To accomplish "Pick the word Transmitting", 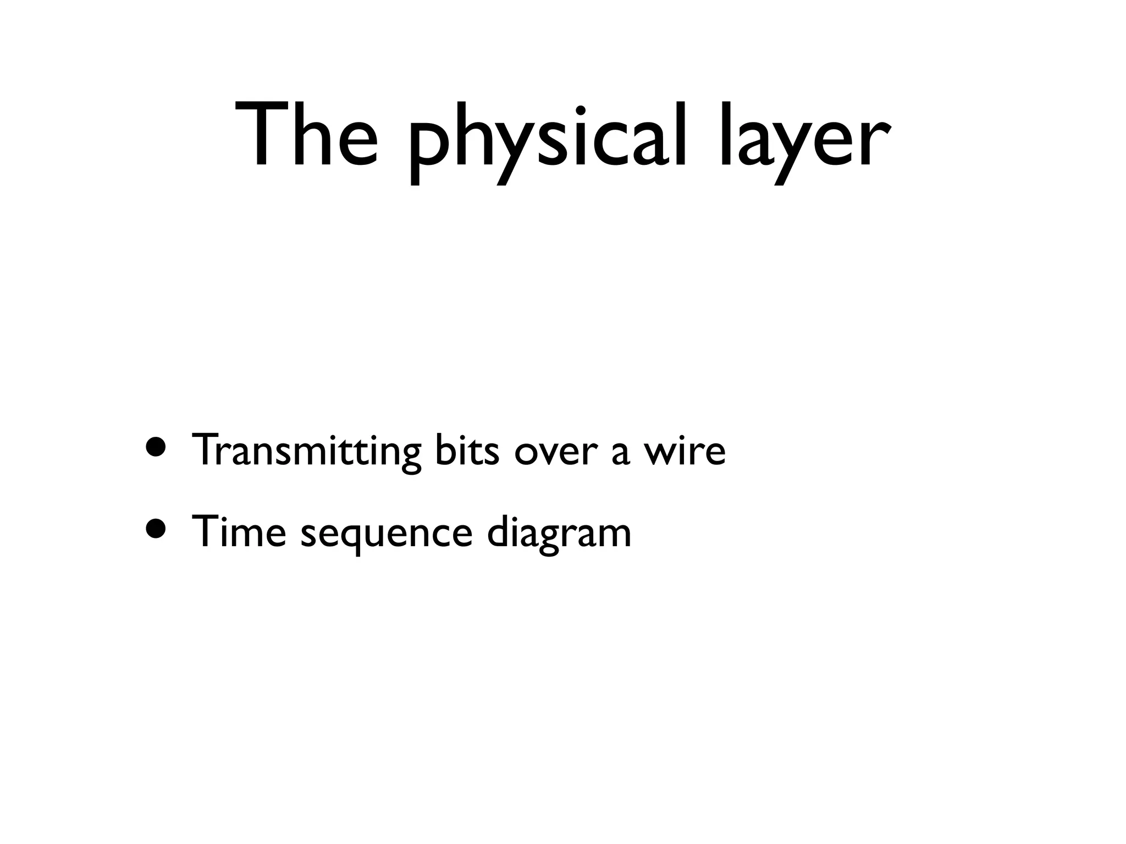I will point(306,451).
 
